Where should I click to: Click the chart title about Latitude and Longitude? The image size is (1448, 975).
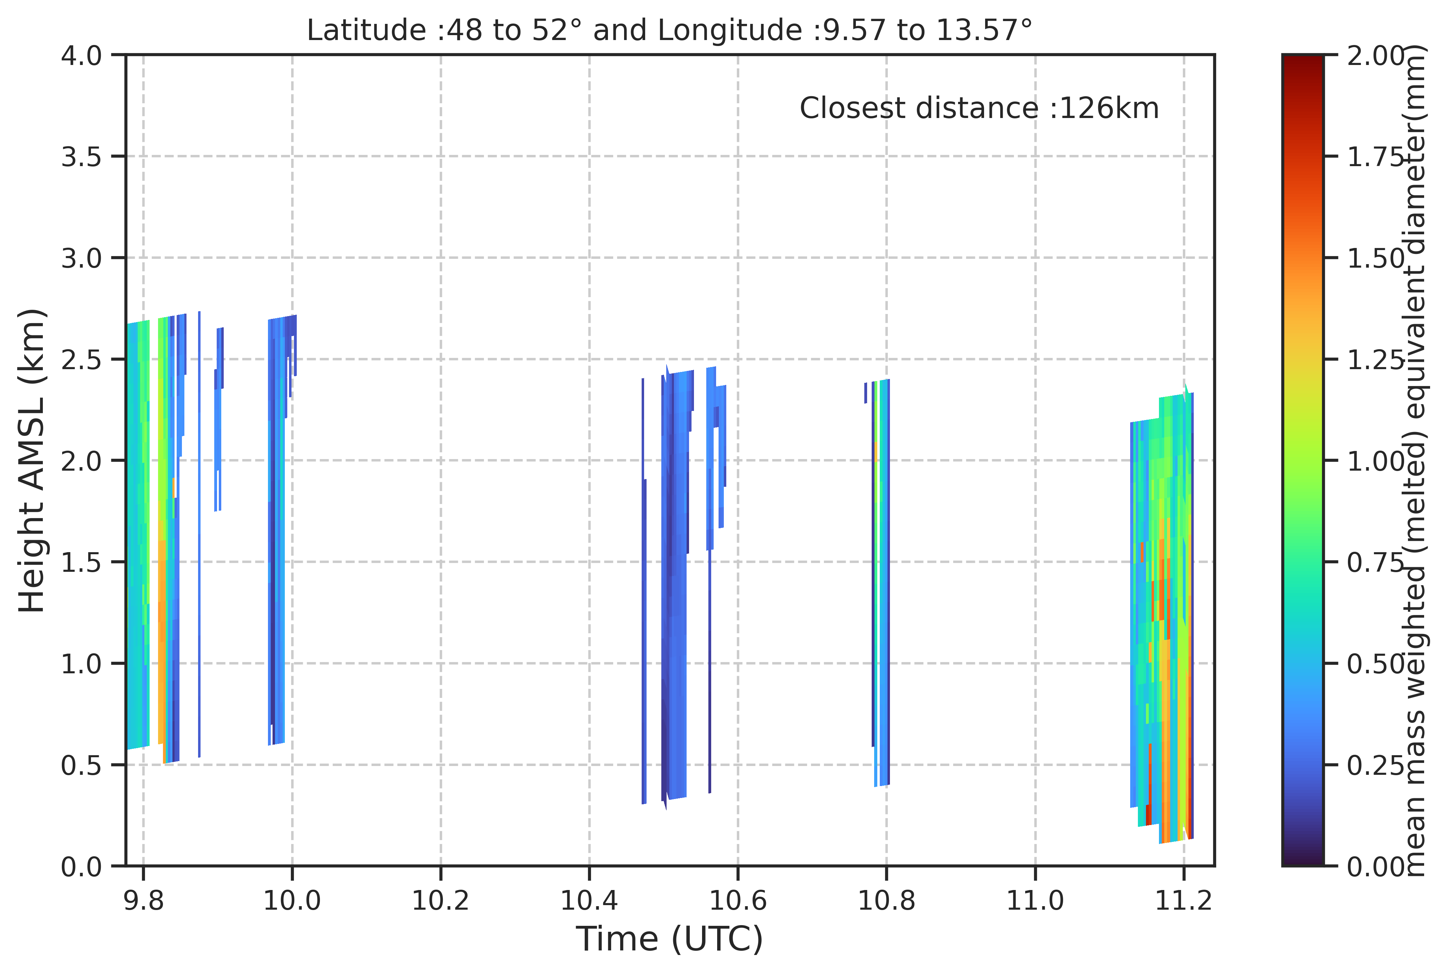[670, 30]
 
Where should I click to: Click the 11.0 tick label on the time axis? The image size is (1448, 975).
[1035, 900]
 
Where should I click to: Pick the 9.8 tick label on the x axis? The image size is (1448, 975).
[144, 900]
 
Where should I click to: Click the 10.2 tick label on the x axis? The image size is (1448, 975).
[441, 900]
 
